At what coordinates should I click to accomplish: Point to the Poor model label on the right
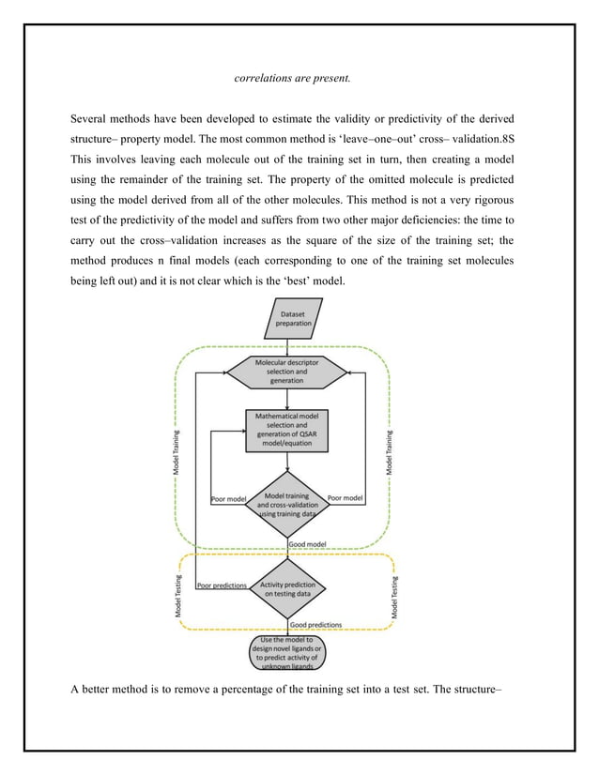[345, 499]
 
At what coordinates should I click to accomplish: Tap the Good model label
[308, 543]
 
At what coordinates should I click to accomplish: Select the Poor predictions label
[222, 585]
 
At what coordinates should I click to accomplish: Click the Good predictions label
[315, 624]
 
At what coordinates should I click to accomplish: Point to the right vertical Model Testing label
[395, 597]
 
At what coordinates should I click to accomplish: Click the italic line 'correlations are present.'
[291, 78]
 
